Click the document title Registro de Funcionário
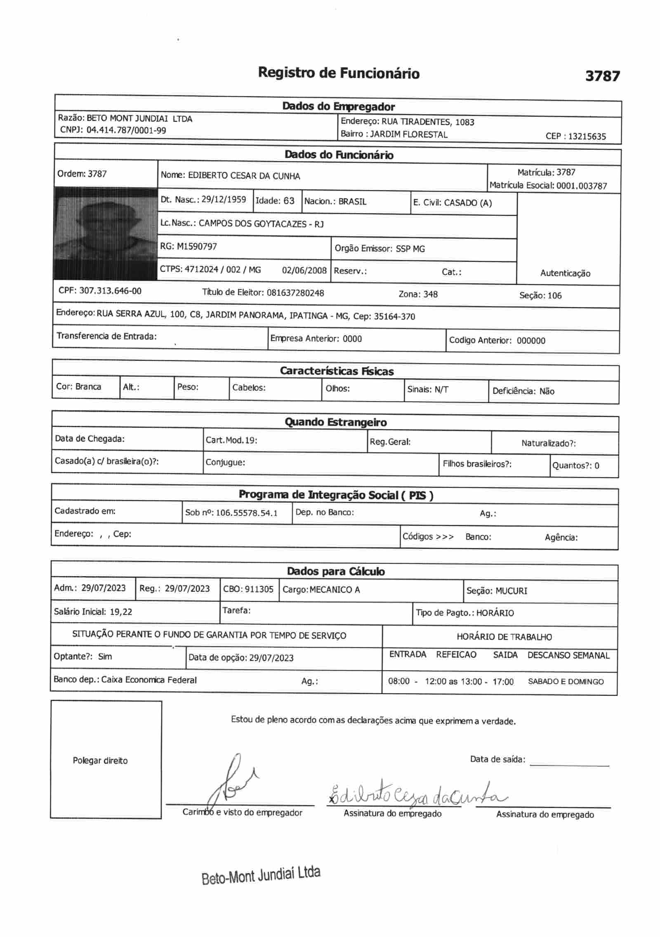[338, 73]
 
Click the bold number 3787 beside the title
[602, 76]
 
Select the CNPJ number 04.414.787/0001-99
[126, 130]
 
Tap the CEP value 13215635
[587, 137]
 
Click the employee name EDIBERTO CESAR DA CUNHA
[244, 176]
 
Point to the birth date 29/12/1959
[224, 200]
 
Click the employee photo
[106, 234]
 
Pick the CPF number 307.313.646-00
[110, 291]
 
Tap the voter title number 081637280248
[295, 293]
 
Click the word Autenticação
[565, 273]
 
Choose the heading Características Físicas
[337, 371]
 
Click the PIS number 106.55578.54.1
[247, 513]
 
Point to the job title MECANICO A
[335, 590]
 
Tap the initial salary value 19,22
[121, 612]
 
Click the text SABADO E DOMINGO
[565, 682]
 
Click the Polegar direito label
[100, 760]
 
